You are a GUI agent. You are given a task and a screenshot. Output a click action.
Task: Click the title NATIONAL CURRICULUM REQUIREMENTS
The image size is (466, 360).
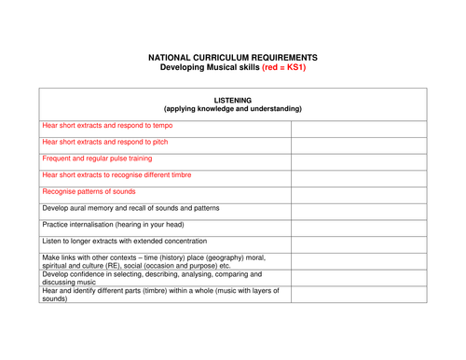[x=233, y=57]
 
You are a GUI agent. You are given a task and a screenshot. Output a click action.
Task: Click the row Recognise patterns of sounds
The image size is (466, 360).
[x=88, y=191]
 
